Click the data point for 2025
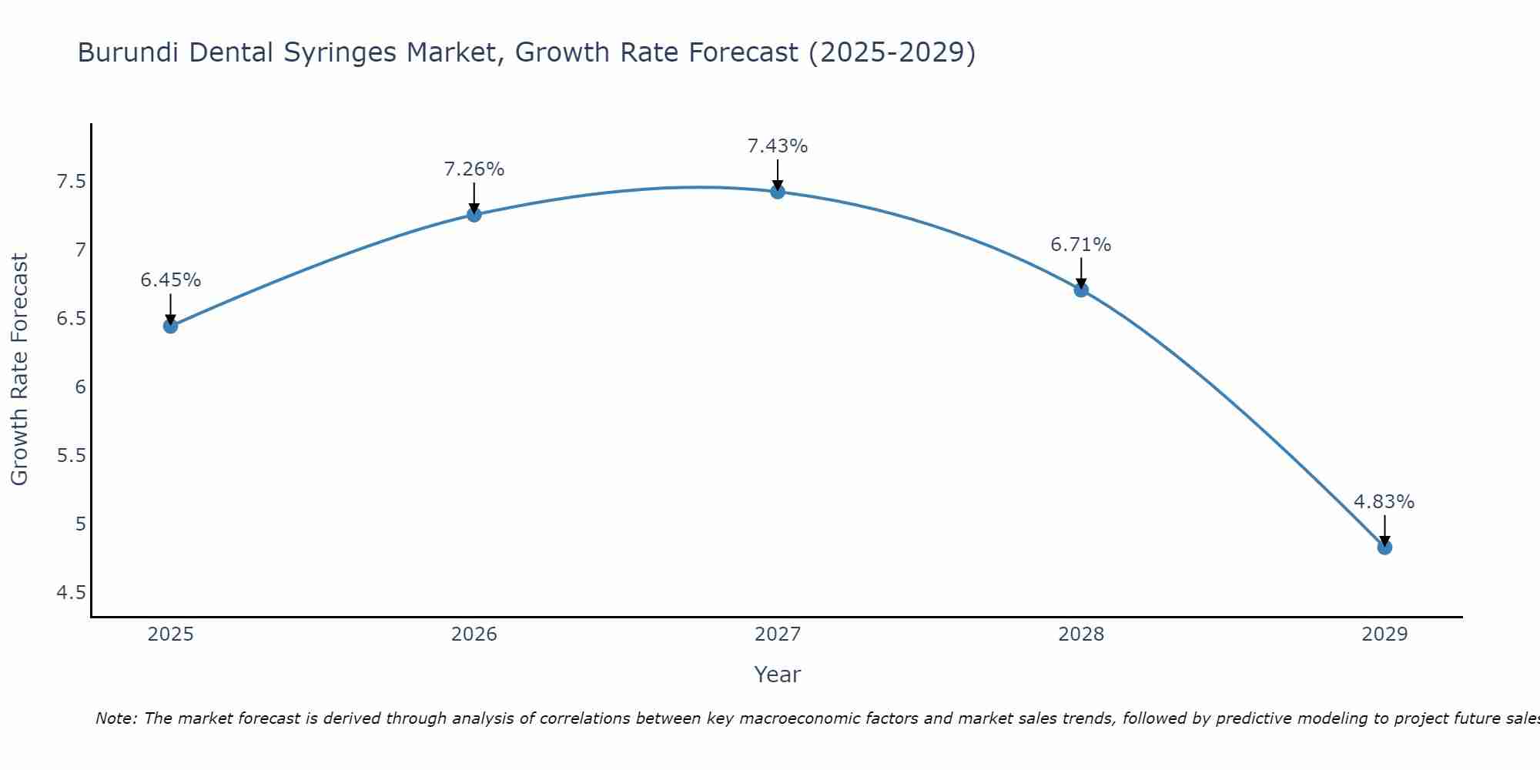pyautogui.click(x=170, y=326)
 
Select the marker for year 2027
pyautogui.click(x=777, y=191)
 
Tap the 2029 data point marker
pyautogui.click(x=1384, y=547)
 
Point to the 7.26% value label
pyautogui.click(x=474, y=169)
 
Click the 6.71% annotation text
pyautogui.click(x=1080, y=245)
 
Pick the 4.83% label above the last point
pyautogui.click(x=1384, y=502)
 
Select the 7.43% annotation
pyautogui.click(x=777, y=146)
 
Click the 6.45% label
pyautogui.click(x=170, y=280)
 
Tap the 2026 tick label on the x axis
pyautogui.click(x=474, y=634)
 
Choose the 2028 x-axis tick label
pyautogui.click(x=1080, y=634)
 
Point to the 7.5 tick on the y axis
pyautogui.click(x=71, y=182)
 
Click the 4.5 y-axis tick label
pyautogui.click(x=71, y=593)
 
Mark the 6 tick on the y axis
pyautogui.click(x=80, y=387)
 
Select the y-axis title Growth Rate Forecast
pyautogui.click(x=20, y=370)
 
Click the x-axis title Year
pyautogui.click(x=777, y=675)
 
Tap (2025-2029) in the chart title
pyautogui.click(x=892, y=53)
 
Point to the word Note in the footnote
pyautogui.click(x=114, y=718)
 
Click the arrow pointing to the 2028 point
pyautogui.click(x=1080, y=273)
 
